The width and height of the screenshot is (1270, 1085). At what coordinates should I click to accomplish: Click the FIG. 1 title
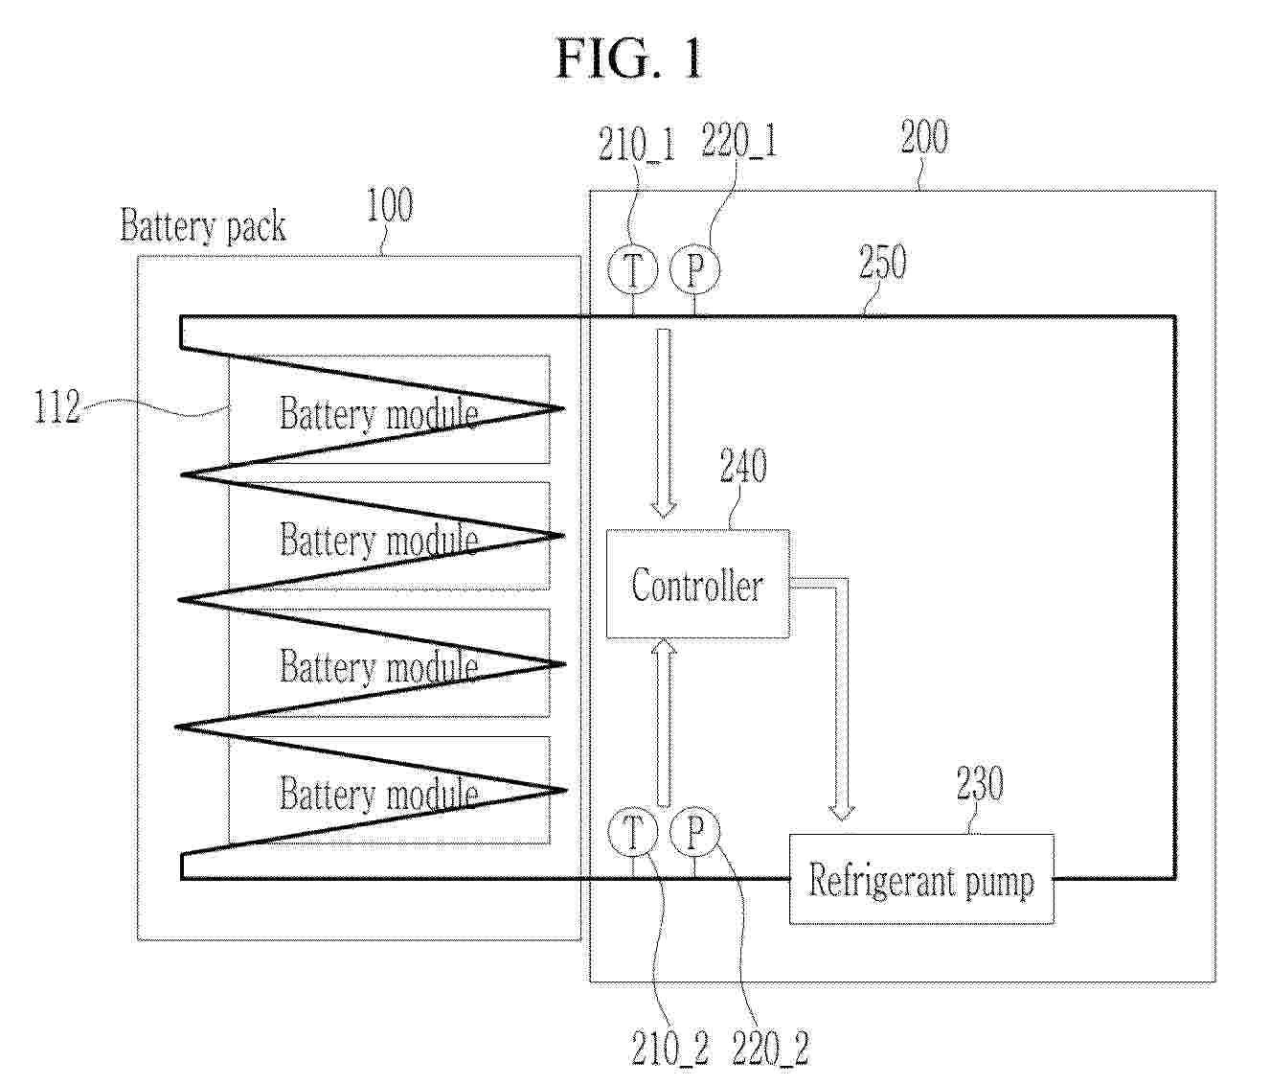point(628,58)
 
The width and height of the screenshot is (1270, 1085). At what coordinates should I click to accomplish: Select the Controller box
point(697,584)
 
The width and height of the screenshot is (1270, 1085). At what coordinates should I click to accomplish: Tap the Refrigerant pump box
point(921,879)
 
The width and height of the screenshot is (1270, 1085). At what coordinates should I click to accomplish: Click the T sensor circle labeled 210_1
point(632,269)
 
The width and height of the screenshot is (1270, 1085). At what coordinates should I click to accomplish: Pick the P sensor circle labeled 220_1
point(694,269)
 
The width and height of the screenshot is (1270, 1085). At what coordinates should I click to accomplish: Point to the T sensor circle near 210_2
point(632,832)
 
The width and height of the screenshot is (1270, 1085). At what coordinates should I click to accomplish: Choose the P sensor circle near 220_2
point(694,832)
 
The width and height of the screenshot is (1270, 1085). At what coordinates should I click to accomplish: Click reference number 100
point(390,205)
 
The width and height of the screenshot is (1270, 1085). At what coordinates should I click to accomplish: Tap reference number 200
point(924,137)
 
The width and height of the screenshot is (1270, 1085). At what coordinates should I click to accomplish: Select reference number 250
point(882,262)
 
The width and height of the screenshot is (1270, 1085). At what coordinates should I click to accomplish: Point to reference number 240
point(743,466)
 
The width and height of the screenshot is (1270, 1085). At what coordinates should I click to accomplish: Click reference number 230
point(980,783)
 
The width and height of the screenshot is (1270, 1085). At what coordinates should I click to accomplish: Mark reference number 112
point(57,406)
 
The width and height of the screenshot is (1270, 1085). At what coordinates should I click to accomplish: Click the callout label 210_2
point(670,1048)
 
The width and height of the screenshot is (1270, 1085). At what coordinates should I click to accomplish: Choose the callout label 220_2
point(770,1048)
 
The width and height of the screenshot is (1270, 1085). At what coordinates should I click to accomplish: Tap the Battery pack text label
point(203,226)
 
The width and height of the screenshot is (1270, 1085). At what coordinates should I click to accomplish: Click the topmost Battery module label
point(379,412)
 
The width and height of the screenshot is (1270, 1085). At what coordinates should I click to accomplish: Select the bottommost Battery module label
point(379,793)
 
